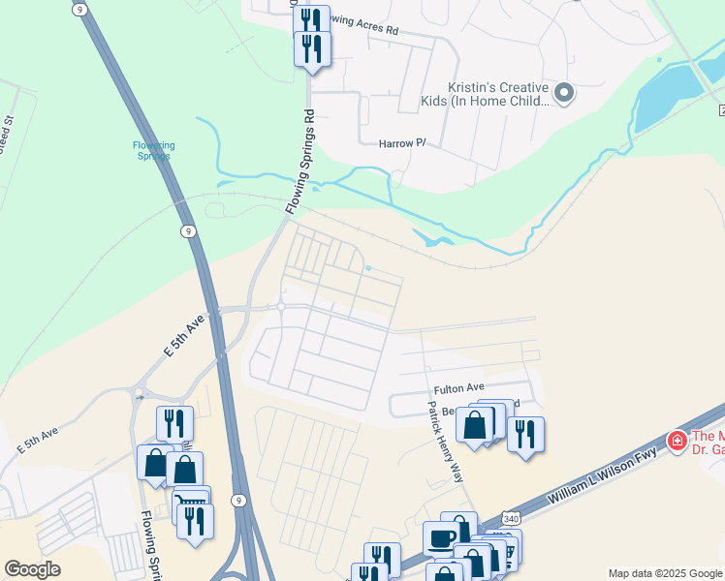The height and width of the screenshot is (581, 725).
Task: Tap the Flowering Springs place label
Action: tap(153, 150)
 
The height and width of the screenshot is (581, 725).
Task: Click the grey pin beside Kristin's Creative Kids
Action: tap(564, 93)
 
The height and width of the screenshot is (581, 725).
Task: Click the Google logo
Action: tap(32, 568)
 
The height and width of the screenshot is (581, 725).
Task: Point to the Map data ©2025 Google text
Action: tap(664, 573)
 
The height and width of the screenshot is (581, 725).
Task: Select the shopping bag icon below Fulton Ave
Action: tap(475, 424)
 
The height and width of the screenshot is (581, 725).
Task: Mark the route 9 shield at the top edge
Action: tap(79, 9)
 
